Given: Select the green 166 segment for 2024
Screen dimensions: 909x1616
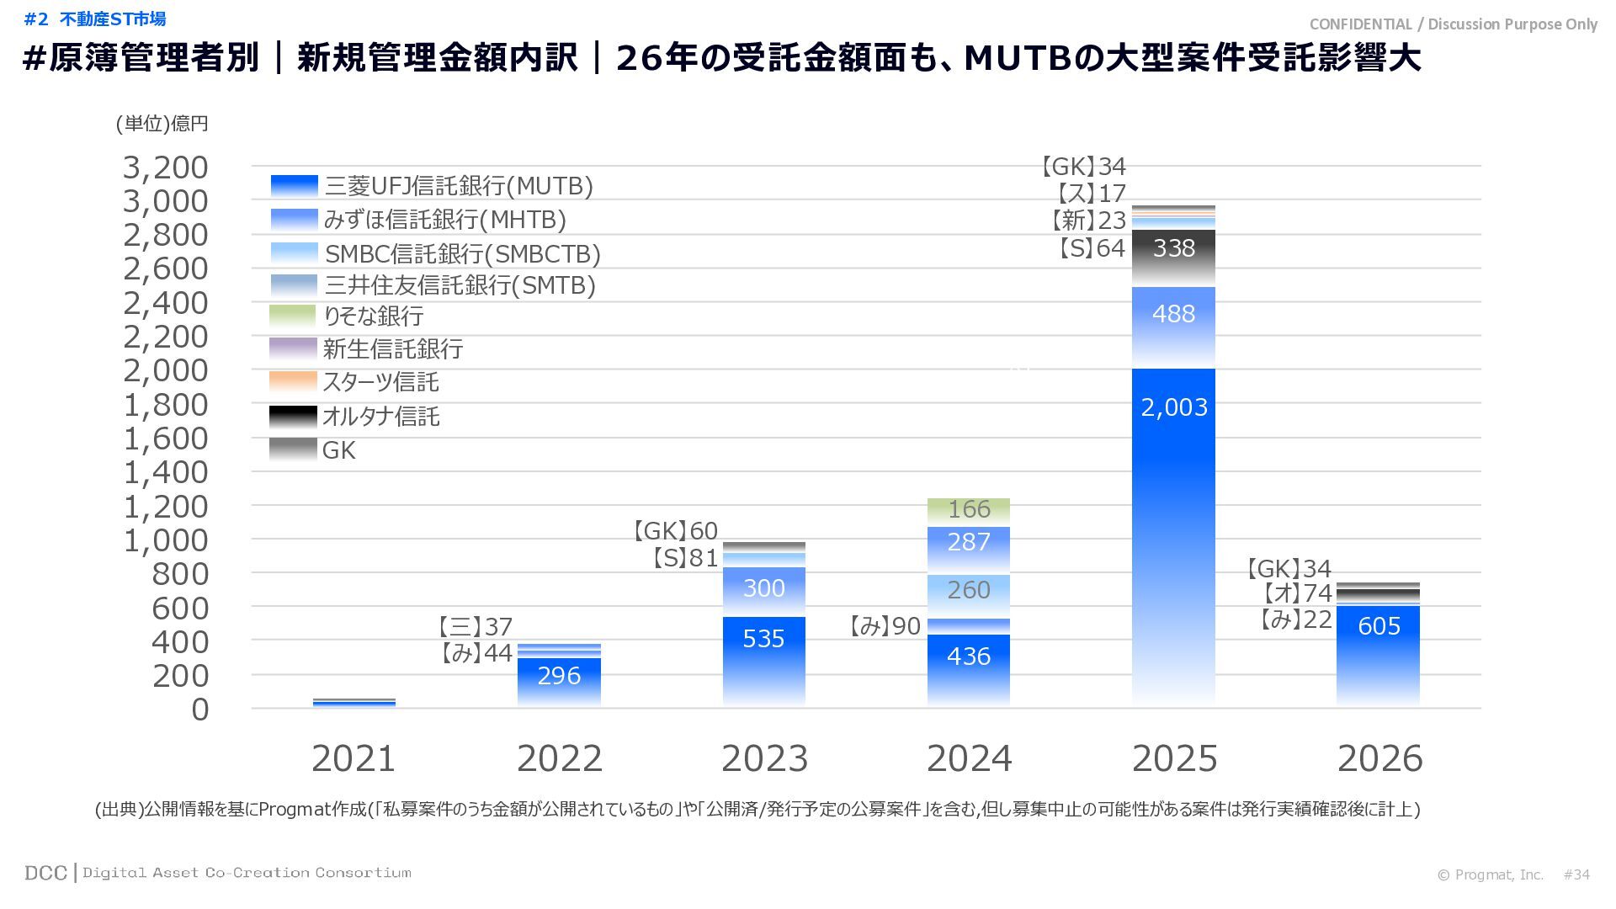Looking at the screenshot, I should click(969, 509).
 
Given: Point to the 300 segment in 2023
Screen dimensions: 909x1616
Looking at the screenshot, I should click(763, 588).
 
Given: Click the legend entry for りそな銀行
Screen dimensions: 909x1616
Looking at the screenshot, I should click(373, 316).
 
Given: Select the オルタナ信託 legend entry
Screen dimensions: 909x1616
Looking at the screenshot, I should click(380, 417).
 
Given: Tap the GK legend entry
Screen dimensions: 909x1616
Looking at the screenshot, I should click(338, 451).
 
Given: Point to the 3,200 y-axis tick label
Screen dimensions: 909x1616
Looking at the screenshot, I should click(166, 167).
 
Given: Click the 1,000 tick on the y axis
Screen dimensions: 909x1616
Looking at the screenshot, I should click(166, 540).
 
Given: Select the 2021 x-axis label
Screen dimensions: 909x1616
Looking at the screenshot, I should click(353, 758).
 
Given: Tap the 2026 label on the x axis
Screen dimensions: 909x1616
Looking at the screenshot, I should click(1379, 758).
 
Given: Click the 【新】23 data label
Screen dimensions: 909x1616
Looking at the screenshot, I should click(1087, 221).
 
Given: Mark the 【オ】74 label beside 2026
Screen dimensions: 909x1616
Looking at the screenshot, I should click(1296, 593).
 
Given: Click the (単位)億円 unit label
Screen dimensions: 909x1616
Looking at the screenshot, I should click(162, 124).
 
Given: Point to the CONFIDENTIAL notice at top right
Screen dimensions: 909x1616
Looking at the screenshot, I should click(1453, 24).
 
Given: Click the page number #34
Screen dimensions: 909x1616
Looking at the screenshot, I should click(1576, 874).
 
